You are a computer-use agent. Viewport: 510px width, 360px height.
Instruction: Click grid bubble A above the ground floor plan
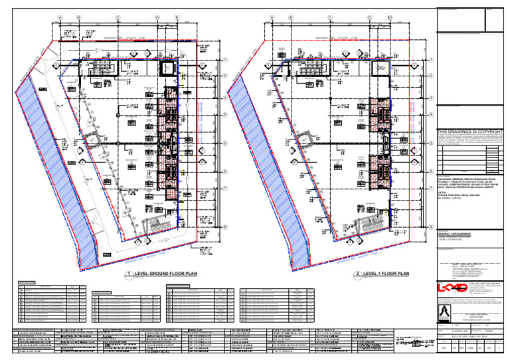pos(60,18)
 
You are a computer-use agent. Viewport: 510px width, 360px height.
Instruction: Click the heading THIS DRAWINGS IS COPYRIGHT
pos(466,132)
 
